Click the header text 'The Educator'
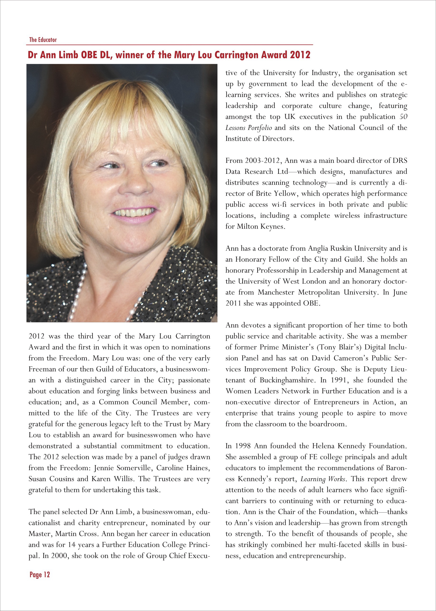tap(43, 40)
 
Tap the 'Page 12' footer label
tap(40, 574)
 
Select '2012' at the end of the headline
tap(300, 55)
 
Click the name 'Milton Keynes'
tap(260, 227)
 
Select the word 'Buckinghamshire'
tap(286, 380)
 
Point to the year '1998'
tap(243, 446)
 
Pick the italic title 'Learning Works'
tap(323, 479)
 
